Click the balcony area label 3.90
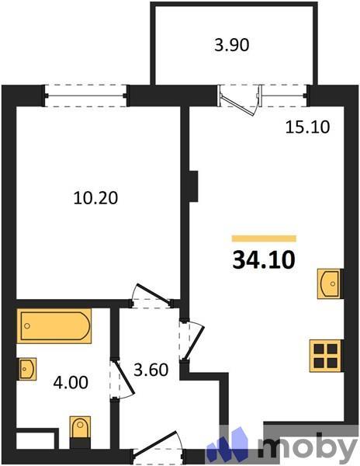click(231, 45)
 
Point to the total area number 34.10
click(264, 259)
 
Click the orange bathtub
click(54, 325)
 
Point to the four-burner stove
click(326, 355)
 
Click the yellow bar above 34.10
click(264, 238)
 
